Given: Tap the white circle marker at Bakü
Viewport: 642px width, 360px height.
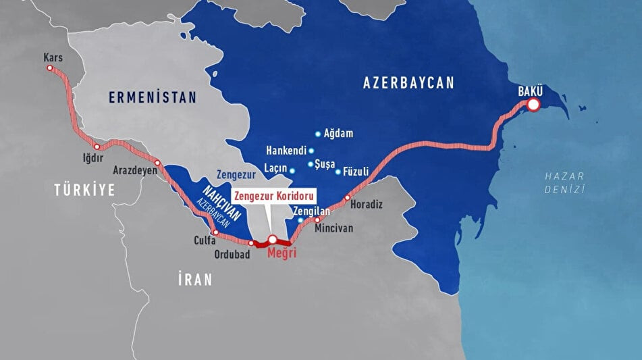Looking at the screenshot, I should point(533,105).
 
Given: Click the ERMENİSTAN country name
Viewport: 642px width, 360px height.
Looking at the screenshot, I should point(153,98).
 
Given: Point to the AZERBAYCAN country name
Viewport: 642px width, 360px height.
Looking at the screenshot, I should point(408,82).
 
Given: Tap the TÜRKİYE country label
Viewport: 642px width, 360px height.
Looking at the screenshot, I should point(85,191).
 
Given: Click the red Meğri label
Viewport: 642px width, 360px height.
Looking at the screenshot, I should point(282,253).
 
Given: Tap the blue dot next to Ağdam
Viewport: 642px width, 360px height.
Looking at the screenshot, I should point(318,134).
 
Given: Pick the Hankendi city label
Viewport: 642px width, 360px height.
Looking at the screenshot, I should point(286,150).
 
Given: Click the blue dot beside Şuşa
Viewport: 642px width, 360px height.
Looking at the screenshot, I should point(311,164).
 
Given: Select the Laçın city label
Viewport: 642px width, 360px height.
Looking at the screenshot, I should point(275,169).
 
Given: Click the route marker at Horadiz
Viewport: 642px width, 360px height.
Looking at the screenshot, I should point(348,198).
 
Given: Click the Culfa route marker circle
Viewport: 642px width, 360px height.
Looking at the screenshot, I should point(215,232).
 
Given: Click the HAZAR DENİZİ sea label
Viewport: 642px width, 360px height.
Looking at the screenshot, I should point(564,183).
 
